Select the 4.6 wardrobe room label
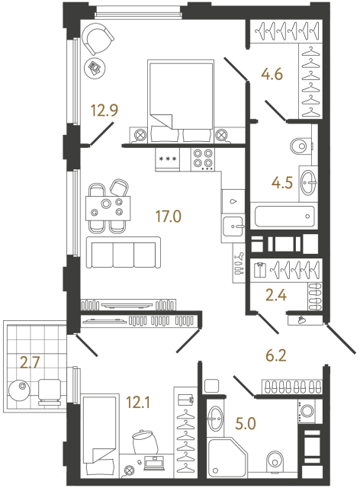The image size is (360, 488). coord(272,75)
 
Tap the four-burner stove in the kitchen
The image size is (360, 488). coord(203,159)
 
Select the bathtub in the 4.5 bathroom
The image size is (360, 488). coord(282,216)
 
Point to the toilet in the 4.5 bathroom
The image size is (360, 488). coord(301,145)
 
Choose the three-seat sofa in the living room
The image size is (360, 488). coord(124,252)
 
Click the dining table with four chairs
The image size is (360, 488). coord(105,205)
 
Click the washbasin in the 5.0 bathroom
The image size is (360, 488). coord(217,419)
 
